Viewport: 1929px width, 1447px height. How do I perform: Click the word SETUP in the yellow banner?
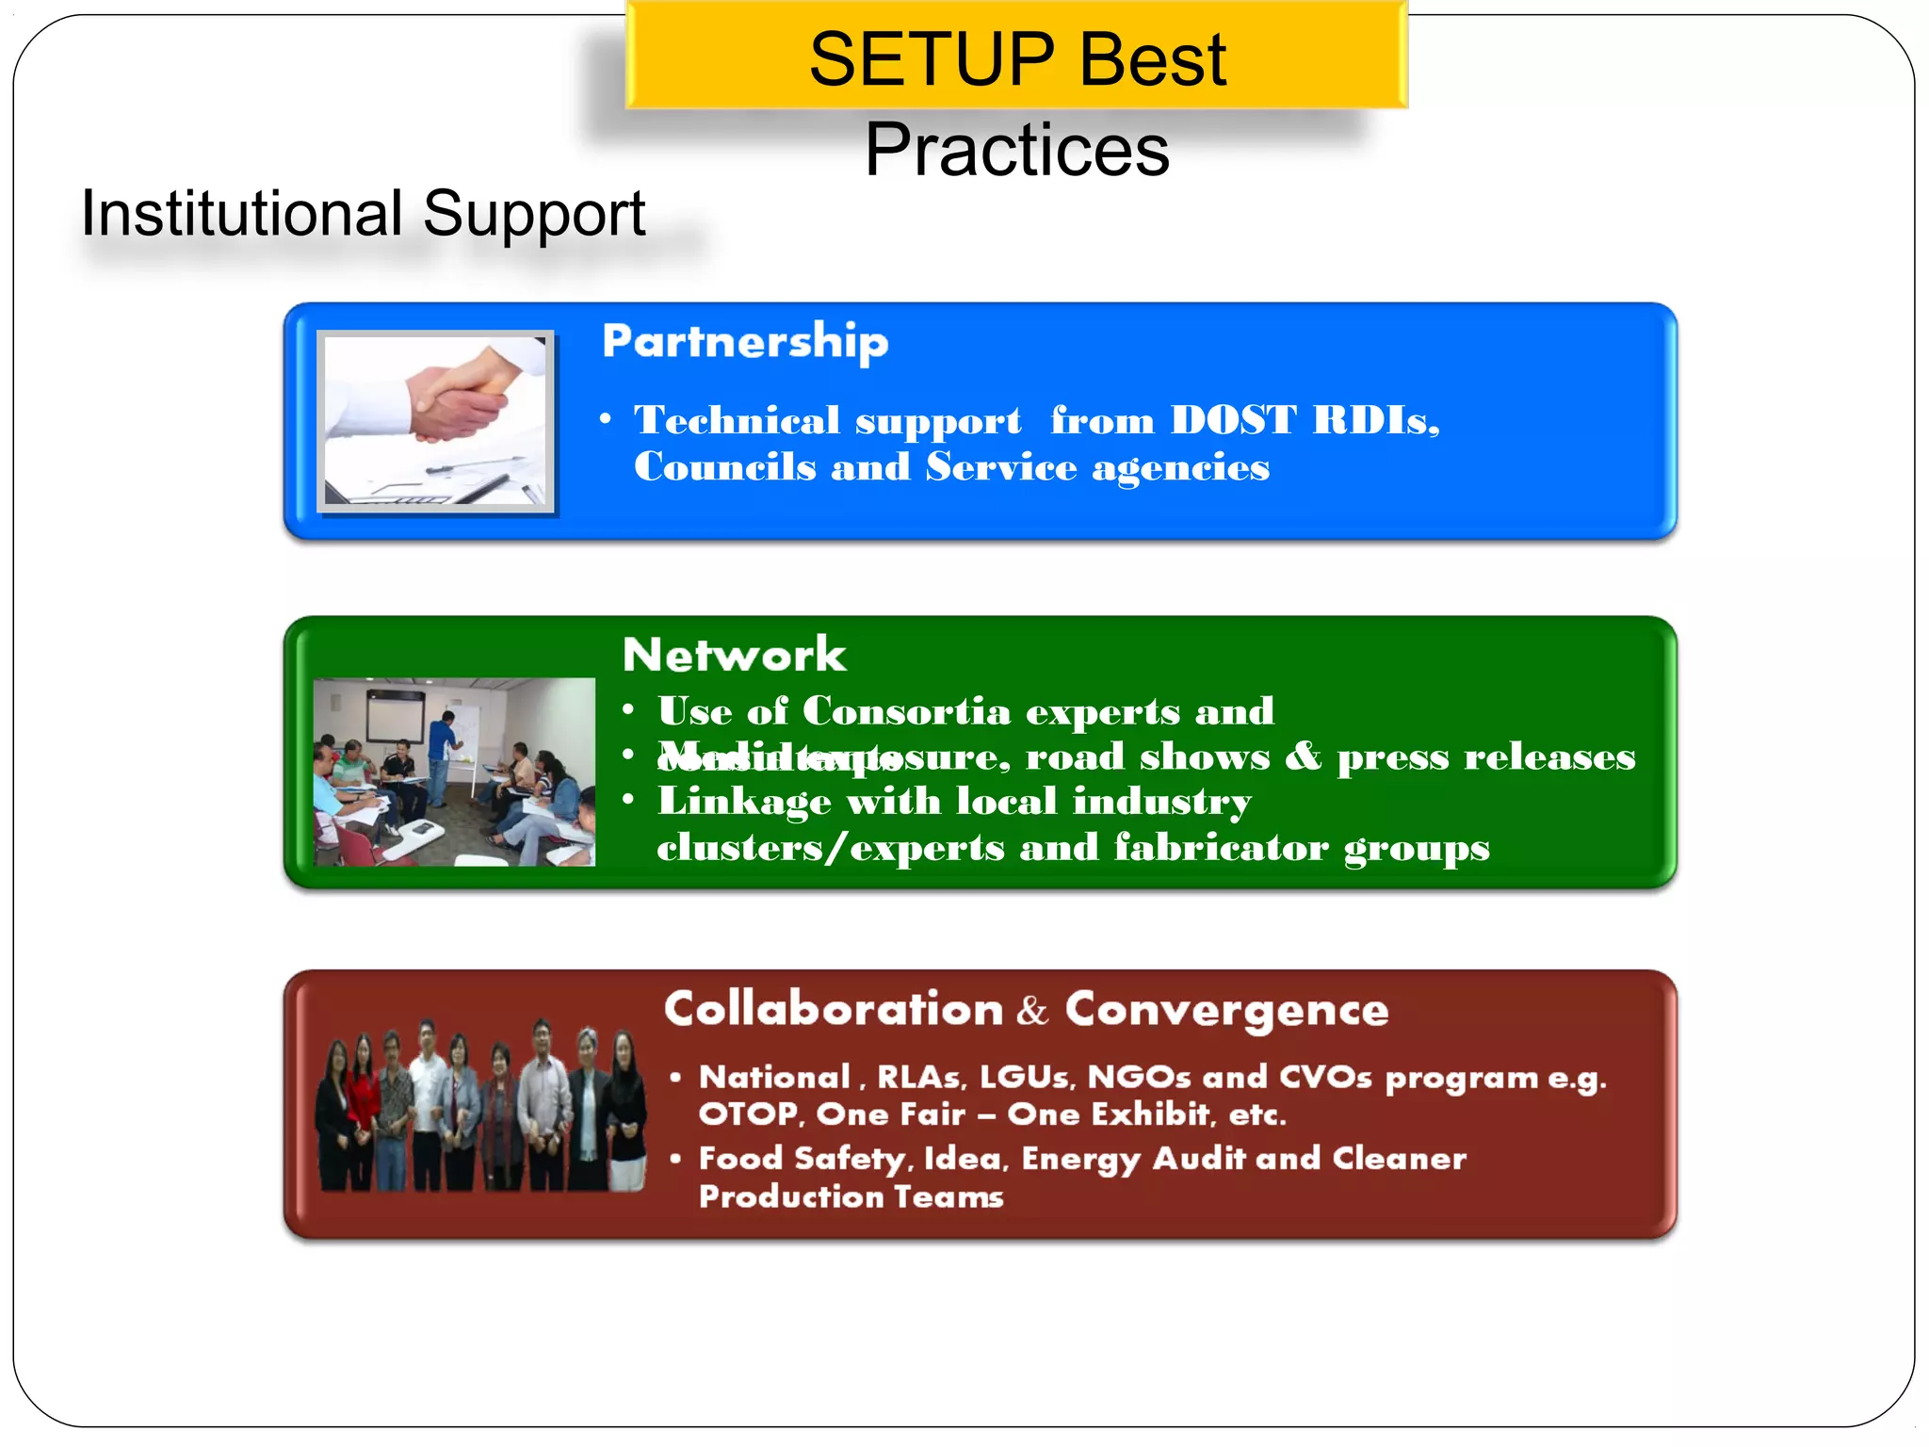[x=932, y=60]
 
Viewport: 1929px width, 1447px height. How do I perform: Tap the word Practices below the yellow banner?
[x=1016, y=150]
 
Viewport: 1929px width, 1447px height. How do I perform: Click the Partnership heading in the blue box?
[x=744, y=341]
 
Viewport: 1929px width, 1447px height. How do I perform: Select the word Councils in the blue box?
[x=724, y=467]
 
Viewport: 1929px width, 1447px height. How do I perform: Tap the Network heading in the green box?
[x=734, y=655]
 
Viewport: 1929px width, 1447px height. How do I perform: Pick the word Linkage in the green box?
[x=744, y=802]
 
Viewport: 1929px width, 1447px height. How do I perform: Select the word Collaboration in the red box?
[x=834, y=1010]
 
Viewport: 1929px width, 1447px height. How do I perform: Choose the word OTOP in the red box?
[x=749, y=1115]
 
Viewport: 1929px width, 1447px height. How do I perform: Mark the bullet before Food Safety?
[x=675, y=1158]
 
